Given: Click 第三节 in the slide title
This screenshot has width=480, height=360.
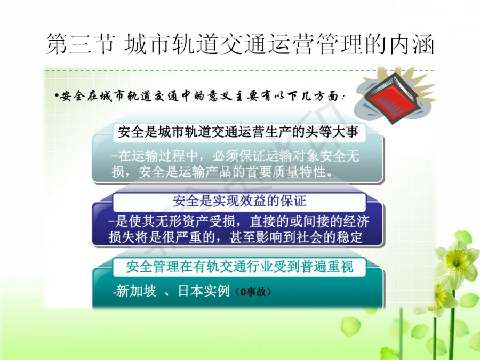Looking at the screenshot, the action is pyautogui.click(x=81, y=44).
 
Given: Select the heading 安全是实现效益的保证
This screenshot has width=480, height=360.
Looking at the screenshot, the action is pyautogui.click(x=239, y=201).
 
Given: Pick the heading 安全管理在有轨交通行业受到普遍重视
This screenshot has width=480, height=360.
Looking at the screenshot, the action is pyautogui.click(x=239, y=266).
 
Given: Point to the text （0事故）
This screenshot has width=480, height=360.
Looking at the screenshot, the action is pyautogui.click(x=253, y=292).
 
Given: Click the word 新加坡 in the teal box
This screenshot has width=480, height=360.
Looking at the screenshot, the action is pyautogui.click(x=136, y=291).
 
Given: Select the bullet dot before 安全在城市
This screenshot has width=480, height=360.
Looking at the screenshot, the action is pyautogui.click(x=57, y=96).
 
